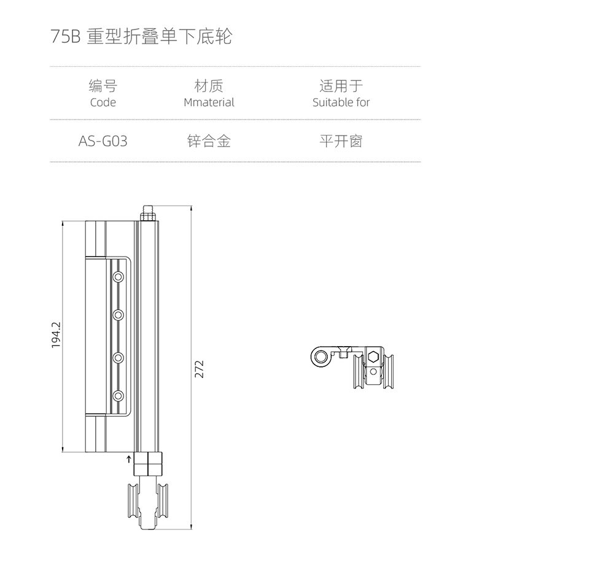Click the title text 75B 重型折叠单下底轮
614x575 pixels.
pos(141,37)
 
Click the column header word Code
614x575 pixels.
pos(103,102)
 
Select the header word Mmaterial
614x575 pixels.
pos(209,102)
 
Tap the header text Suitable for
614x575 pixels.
pos(341,102)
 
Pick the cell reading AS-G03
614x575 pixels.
pos(103,141)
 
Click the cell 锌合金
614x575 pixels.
pos(209,141)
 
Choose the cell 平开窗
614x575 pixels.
pos(341,141)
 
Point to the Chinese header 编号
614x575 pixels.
pos(103,86)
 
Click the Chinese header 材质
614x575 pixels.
pos(209,86)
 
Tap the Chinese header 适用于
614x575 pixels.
pos(341,86)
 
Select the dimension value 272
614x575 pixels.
pos(199,369)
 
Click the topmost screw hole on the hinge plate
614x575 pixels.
pos(119,277)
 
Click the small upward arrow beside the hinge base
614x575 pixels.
pos(129,458)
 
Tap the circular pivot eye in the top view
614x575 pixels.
pos(319,357)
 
